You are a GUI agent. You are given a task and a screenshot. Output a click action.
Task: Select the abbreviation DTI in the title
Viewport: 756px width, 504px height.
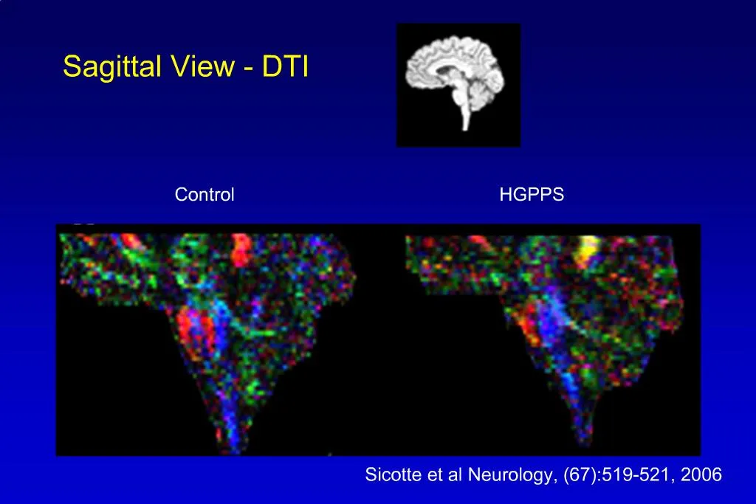[284, 67]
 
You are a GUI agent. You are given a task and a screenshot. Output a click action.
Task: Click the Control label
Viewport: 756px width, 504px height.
[205, 195]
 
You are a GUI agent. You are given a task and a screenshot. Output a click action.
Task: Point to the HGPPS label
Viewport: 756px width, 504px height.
[532, 195]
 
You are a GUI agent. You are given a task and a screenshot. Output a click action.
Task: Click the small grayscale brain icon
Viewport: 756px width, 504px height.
[458, 85]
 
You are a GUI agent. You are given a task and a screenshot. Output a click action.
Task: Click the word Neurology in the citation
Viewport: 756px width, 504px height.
[521, 475]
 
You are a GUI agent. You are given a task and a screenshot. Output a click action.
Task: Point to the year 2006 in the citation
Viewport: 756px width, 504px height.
[701, 475]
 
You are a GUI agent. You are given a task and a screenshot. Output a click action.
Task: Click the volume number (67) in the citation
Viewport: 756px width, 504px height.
[579, 475]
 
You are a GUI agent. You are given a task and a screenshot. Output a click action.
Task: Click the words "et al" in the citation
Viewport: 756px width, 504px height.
[446, 475]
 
